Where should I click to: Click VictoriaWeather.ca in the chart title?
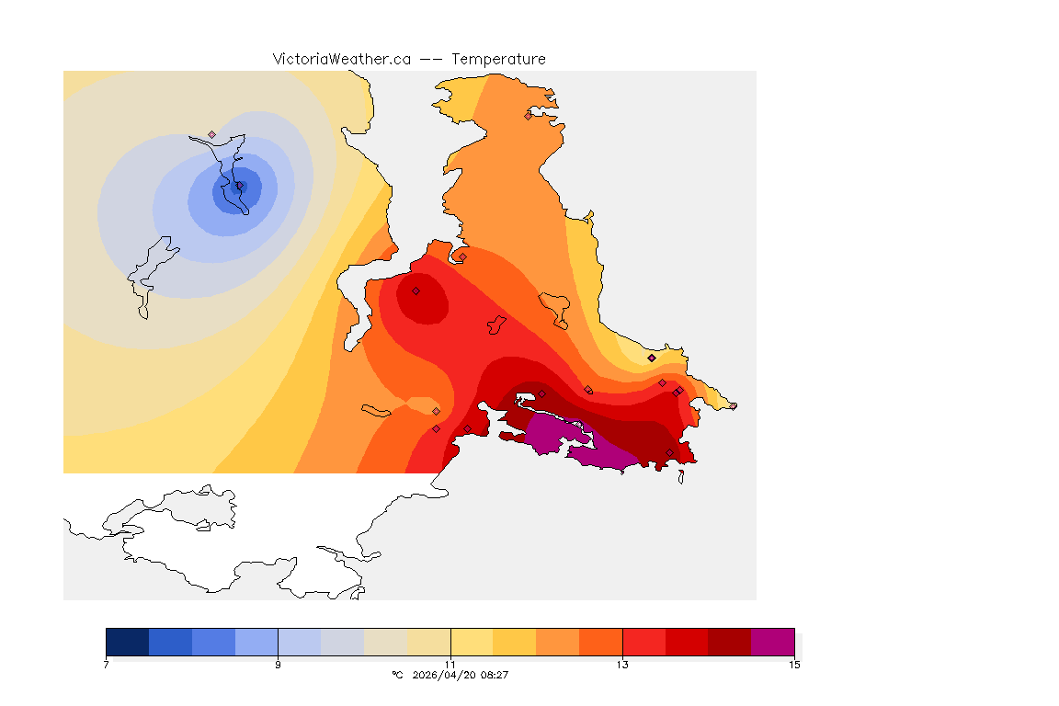(x=341, y=59)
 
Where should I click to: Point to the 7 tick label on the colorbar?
(x=107, y=665)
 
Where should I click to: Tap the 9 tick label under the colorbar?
(x=278, y=665)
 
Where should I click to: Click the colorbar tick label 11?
(x=450, y=665)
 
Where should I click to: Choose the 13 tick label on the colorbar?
(x=622, y=665)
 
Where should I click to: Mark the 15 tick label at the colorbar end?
(x=794, y=665)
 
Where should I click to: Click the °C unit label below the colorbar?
(x=397, y=675)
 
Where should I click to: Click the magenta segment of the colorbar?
(x=772, y=642)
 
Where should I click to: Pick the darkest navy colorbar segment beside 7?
(x=128, y=642)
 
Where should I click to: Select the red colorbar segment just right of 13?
(x=643, y=642)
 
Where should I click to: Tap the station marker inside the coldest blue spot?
(x=239, y=186)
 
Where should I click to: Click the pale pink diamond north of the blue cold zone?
(x=212, y=134)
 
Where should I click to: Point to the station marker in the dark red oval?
(x=416, y=290)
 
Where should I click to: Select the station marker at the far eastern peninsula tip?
(x=734, y=405)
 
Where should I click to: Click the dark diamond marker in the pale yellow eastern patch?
(x=652, y=358)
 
